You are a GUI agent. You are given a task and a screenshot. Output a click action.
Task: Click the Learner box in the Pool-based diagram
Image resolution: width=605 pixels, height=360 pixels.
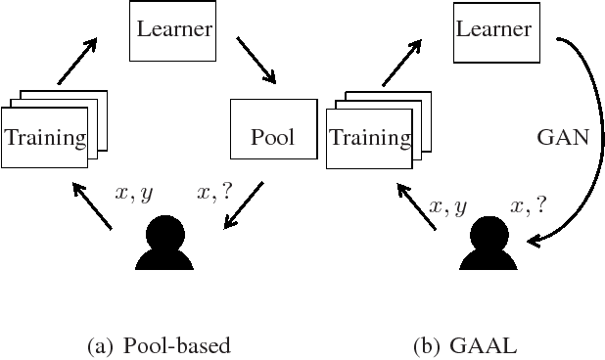coord(173,29)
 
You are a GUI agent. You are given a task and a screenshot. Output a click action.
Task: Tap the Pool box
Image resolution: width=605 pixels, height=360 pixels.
coord(273,128)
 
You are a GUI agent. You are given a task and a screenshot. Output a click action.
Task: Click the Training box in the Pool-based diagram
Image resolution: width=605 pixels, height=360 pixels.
coord(44,137)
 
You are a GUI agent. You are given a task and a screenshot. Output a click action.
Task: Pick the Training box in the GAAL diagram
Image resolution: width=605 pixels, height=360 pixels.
coord(369,137)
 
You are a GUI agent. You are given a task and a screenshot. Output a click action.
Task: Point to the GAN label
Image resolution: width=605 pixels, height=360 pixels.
coord(564,137)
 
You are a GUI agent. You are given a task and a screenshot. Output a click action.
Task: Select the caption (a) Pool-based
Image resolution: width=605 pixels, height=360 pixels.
coord(159,345)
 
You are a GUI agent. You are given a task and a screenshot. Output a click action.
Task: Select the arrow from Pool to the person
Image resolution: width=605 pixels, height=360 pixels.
coord(244,203)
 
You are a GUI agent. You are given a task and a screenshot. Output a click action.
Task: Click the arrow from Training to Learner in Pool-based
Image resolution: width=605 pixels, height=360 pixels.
coord(78,61)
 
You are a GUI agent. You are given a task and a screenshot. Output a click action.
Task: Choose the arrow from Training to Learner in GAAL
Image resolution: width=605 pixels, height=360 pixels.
coord(401,61)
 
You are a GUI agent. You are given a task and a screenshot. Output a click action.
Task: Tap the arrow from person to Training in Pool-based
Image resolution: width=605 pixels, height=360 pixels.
coord(96,207)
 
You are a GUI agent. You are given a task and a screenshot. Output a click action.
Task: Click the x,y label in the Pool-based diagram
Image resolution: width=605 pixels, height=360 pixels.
coord(134,194)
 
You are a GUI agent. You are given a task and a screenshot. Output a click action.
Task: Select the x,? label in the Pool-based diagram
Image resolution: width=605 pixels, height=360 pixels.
coord(214,194)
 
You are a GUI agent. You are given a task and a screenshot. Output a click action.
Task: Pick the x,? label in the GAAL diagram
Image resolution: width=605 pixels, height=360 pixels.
coord(530,205)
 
